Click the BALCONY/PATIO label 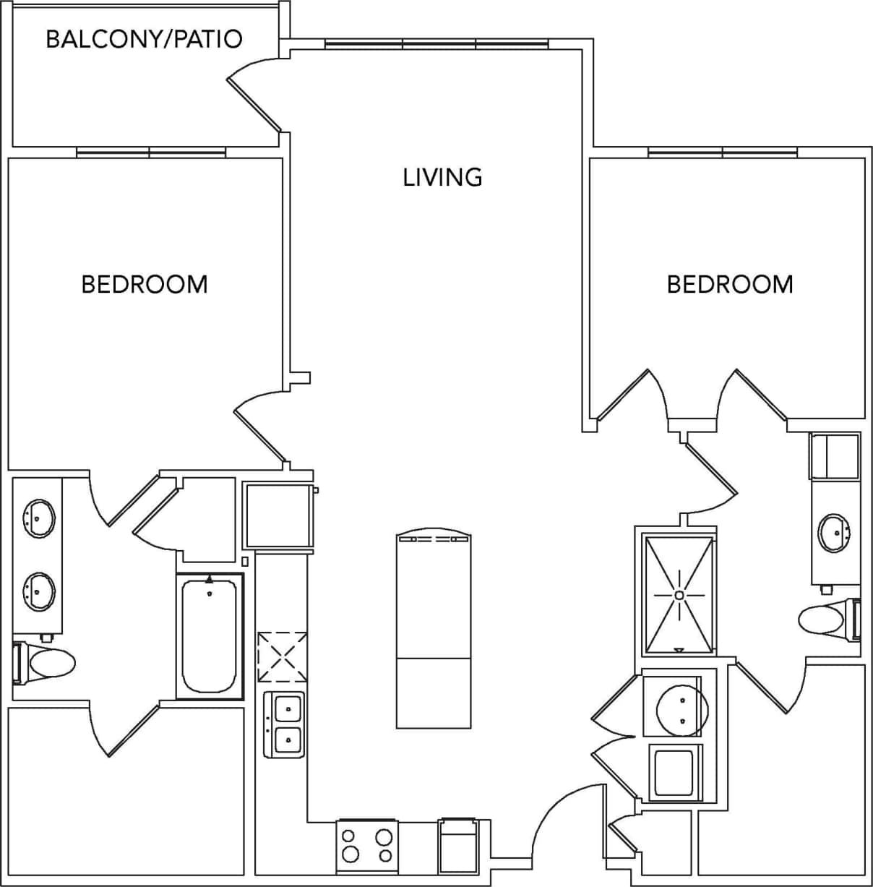144,38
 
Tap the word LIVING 442,177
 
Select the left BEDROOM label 145,284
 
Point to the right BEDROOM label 730,284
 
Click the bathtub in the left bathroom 210,636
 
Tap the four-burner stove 367,845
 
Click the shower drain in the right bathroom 679,594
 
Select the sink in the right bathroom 835,533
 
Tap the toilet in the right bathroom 824,620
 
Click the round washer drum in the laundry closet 681,706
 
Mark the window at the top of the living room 436,44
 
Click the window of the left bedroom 151,153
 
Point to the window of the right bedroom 723,153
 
